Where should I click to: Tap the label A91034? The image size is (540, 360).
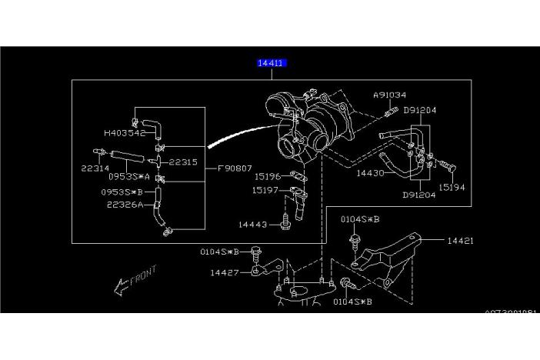point(390,95)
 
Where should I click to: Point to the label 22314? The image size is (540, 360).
point(96,168)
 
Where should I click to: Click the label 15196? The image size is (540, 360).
point(267,176)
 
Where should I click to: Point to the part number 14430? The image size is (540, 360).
point(370,173)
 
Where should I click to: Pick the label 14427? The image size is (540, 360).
point(225,272)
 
